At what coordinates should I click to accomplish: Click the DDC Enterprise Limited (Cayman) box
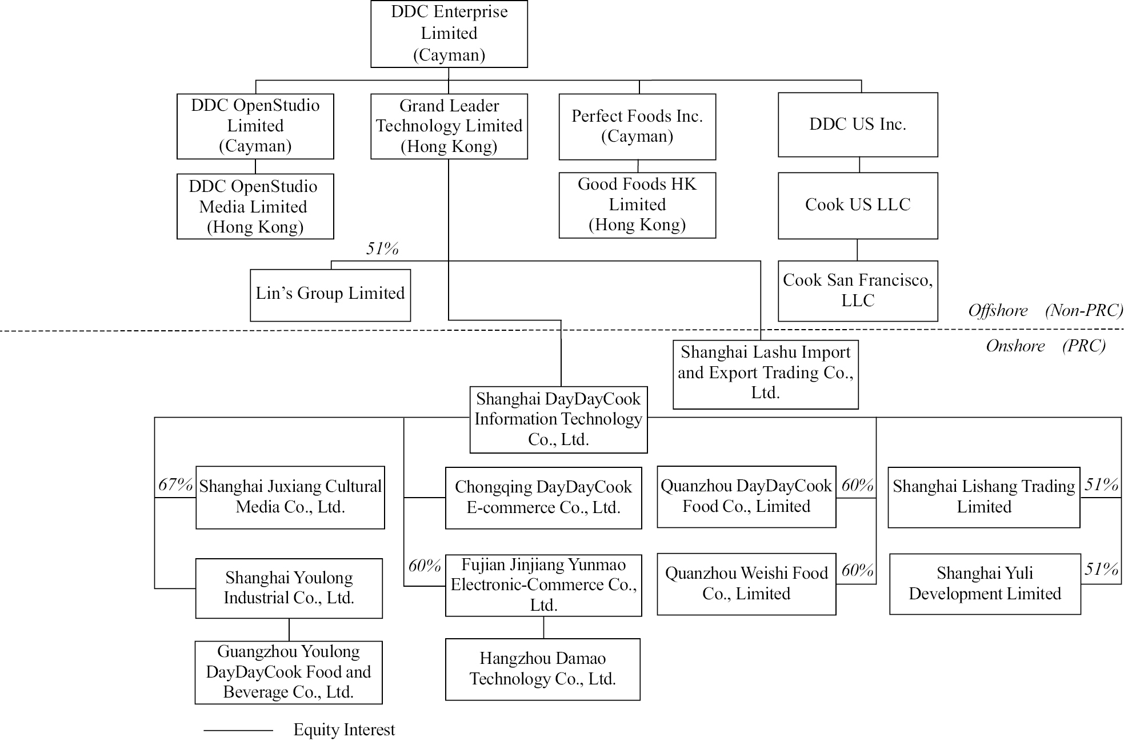coord(449,34)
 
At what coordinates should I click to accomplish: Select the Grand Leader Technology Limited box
coord(449,126)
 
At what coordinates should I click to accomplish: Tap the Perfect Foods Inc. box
coord(637,127)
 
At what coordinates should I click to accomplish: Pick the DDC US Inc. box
coord(858,125)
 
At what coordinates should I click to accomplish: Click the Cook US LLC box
coord(858,206)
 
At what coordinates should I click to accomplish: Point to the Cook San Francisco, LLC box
coord(858,291)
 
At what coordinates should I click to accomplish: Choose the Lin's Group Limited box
coord(330,295)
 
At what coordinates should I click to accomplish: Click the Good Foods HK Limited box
coord(637,205)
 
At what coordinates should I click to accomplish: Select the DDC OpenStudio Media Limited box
coord(255,206)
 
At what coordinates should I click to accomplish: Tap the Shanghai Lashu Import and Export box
coord(766,375)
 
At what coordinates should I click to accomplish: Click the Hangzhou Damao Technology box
coord(543,670)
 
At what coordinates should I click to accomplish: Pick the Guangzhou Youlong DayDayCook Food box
coord(289,672)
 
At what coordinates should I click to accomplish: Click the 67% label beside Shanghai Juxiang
coord(175,484)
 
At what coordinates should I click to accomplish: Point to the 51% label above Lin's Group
coord(382,249)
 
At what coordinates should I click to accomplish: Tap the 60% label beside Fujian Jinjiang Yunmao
coord(425,566)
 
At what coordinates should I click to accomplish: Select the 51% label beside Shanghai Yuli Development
coord(1102,568)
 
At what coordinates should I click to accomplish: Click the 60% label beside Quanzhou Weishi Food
coord(858,570)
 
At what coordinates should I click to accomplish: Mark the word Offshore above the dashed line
coord(998,310)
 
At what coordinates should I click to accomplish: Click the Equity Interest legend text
coord(344,730)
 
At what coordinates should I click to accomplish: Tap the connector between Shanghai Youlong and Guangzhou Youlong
coord(289,630)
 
